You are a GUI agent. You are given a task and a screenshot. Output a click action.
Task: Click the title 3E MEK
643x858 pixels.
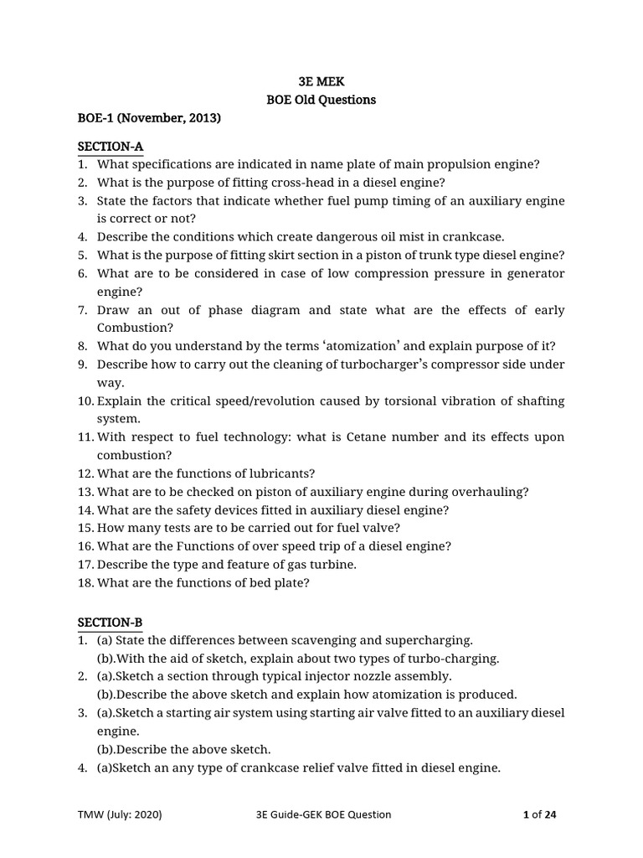click(321, 81)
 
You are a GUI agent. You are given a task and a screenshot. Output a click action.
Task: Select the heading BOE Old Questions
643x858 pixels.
click(321, 100)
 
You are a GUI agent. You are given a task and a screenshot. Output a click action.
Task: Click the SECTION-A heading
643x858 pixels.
click(111, 147)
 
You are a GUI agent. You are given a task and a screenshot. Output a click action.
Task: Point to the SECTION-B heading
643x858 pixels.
click(111, 622)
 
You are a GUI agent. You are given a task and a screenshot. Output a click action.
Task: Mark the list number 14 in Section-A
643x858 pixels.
click(85, 509)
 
